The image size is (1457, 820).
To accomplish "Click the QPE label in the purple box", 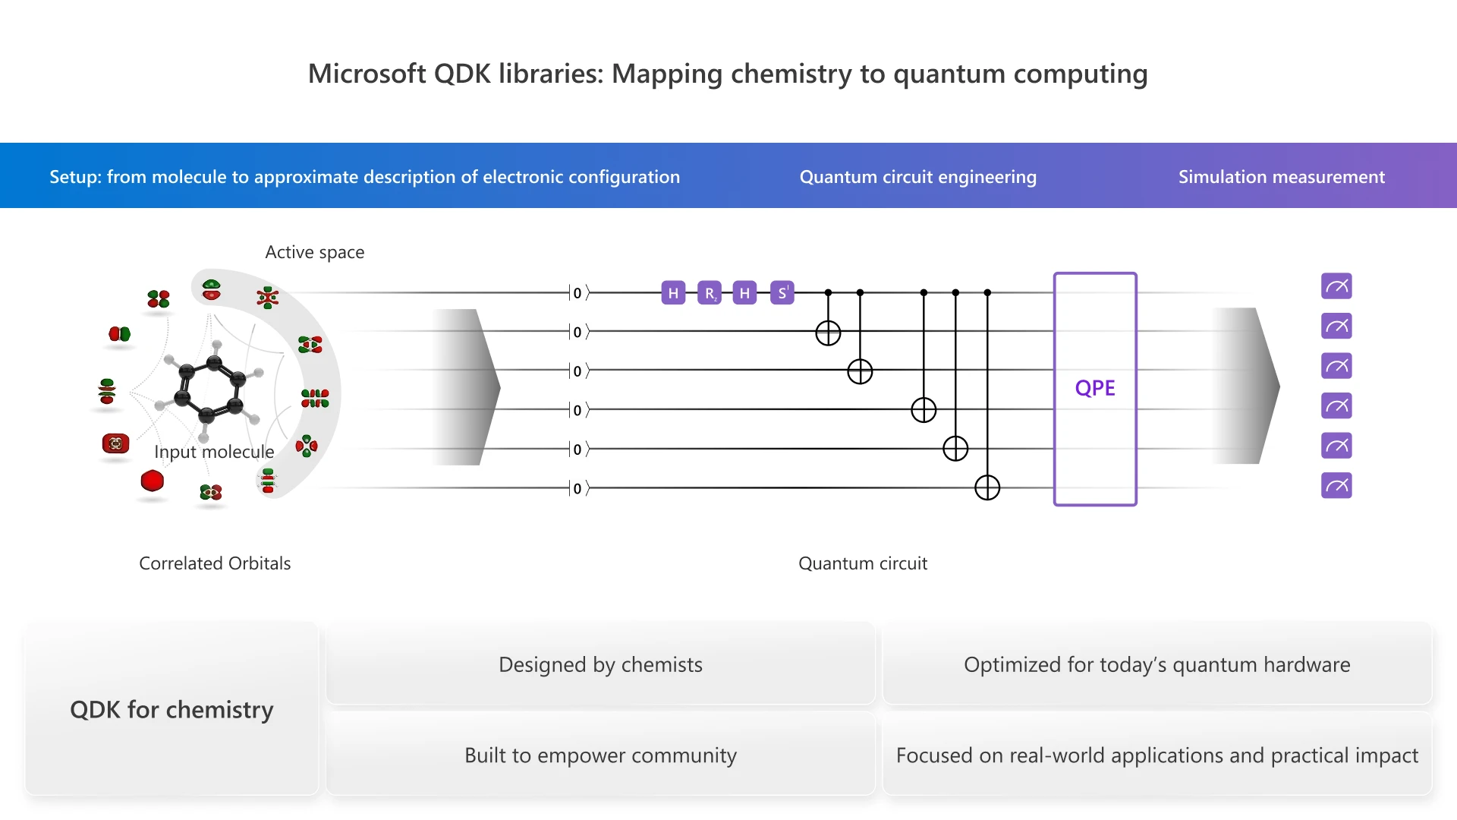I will point(1095,388).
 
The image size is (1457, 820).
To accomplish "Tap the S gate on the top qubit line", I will point(782,293).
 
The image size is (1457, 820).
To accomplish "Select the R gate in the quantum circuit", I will point(710,293).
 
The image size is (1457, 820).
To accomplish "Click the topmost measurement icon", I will point(1336,286).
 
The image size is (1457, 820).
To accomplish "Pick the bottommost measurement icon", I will point(1336,485).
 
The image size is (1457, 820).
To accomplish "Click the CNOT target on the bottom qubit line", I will point(987,487).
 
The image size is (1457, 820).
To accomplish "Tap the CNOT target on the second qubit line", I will point(828,333).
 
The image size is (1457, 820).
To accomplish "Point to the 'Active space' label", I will point(314,252).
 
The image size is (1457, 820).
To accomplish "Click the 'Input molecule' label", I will point(214,452).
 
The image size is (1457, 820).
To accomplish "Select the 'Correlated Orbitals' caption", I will point(215,563).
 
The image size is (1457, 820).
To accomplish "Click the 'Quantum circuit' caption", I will point(863,563).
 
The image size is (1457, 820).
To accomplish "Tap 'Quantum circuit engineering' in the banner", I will point(917,177).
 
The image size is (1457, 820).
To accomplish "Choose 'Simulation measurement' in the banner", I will point(1281,177).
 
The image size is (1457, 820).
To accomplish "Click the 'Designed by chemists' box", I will point(600,664).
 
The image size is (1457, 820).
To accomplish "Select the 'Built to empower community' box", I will point(600,755).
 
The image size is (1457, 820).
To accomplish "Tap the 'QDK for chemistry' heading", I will point(172,709).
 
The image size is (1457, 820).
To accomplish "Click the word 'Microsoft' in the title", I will point(367,74).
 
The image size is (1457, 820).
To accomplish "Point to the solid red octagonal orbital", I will point(153,481).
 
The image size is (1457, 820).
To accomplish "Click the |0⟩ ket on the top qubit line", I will point(577,293).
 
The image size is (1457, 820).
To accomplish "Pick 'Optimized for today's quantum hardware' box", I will point(1156,664).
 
